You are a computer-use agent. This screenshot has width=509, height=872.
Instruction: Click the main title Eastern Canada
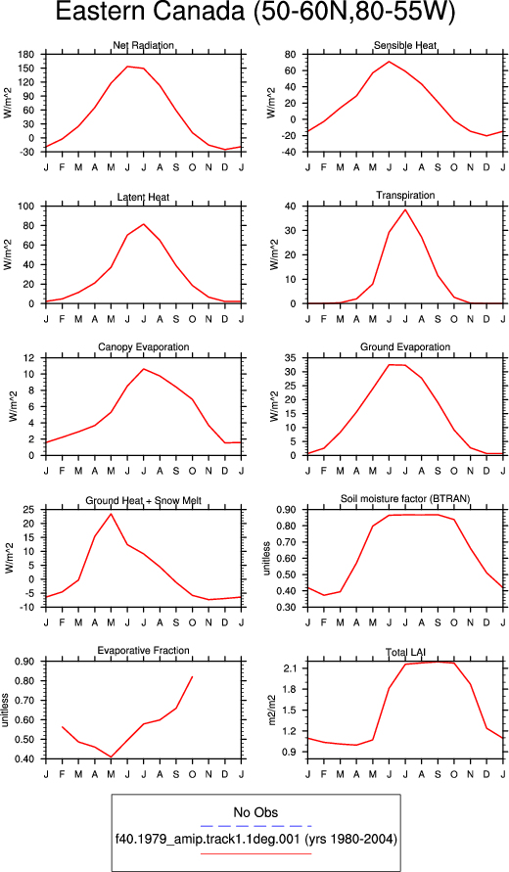150,13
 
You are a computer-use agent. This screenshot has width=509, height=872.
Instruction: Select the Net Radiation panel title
143,45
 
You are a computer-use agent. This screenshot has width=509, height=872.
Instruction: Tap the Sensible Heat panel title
405,45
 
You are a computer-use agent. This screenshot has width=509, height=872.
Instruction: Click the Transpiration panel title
405,195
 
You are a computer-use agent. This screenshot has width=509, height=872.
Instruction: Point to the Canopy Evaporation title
144,347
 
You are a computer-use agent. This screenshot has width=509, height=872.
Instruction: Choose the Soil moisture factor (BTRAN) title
405,499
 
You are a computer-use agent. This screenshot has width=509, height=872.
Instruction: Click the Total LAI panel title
405,651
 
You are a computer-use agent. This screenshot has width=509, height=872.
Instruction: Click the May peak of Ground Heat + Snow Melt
112,513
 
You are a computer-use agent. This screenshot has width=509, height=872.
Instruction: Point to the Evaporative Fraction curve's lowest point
112,757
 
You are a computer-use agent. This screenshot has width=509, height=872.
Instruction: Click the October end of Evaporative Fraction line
193,677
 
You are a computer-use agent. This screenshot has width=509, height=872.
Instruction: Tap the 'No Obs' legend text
255,812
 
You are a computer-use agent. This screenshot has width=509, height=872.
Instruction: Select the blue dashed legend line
255,826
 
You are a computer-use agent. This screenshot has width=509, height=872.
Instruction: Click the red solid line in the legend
255,853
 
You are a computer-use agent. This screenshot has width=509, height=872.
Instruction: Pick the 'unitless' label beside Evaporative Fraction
6,711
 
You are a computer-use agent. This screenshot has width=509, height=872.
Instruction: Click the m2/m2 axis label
272,711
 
